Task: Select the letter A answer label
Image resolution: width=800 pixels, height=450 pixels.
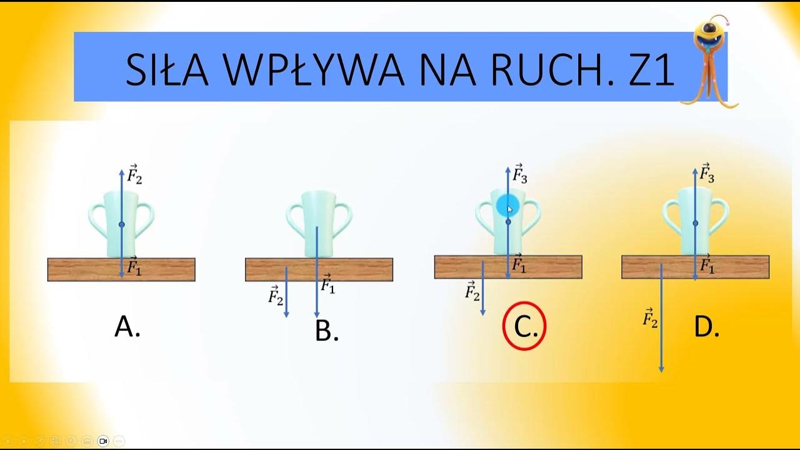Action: tap(127, 326)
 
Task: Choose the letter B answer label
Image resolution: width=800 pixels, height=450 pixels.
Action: tap(326, 331)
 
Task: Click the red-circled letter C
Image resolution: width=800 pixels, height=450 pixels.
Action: tap(524, 326)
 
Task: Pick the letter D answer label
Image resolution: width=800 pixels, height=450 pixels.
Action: tap(706, 327)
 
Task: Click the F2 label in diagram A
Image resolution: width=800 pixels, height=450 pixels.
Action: tap(134, 174)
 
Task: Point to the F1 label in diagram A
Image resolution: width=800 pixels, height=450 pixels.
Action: tap(134, 267)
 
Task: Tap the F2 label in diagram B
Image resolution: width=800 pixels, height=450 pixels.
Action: tap(276, 295)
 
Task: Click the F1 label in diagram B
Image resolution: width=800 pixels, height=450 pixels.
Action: tap(328, 284)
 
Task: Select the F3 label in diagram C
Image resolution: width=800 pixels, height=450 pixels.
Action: tap(520, 174)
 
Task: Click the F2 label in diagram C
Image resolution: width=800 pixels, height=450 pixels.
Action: tap(472, 291)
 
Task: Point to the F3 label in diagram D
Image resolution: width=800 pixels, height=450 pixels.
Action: tap(707, 174)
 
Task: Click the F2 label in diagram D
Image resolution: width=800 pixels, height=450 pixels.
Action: tap(650, 319)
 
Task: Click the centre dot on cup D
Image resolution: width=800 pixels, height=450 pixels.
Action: tap(695, 223)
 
